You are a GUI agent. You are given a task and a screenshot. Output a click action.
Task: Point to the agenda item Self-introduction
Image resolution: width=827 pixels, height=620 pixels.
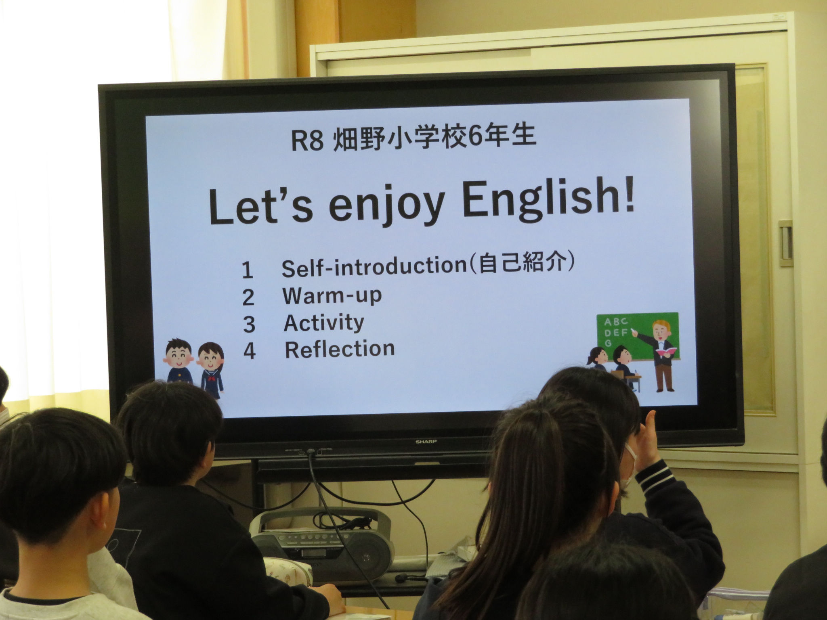[x=374, y=267]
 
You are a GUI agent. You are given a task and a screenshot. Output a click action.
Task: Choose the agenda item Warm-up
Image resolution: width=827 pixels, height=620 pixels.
[x=332, y=296]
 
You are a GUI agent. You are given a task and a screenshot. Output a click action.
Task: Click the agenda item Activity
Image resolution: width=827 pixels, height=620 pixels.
[x=324, y=323]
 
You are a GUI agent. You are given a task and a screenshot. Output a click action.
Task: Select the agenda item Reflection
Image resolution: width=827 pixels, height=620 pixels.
[x=340, y=349]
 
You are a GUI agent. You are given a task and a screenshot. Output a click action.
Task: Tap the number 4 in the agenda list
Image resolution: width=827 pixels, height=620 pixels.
[x=249, y=351]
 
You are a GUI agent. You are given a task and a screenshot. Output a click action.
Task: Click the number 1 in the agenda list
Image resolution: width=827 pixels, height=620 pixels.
[x=247, y=270]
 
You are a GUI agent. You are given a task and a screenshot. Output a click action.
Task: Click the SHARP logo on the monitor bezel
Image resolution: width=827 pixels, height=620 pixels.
[x=426, y=442]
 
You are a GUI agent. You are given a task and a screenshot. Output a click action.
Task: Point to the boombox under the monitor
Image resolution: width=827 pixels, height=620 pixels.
[x=322, y=539]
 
